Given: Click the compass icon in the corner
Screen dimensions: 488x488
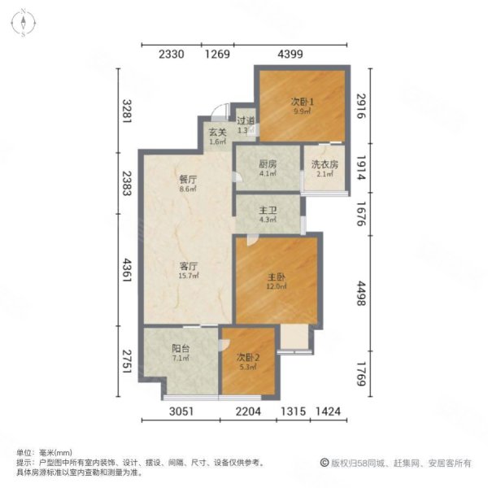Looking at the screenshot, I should (x=24, y=23).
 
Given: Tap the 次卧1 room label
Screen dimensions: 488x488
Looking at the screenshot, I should (x=303, y=102).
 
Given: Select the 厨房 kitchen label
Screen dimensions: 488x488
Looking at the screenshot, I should (x=267, y=163).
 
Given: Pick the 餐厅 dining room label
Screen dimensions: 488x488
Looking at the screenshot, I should (x=189, y=179).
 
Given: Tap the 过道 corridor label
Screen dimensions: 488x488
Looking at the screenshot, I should (x=246, y=121).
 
